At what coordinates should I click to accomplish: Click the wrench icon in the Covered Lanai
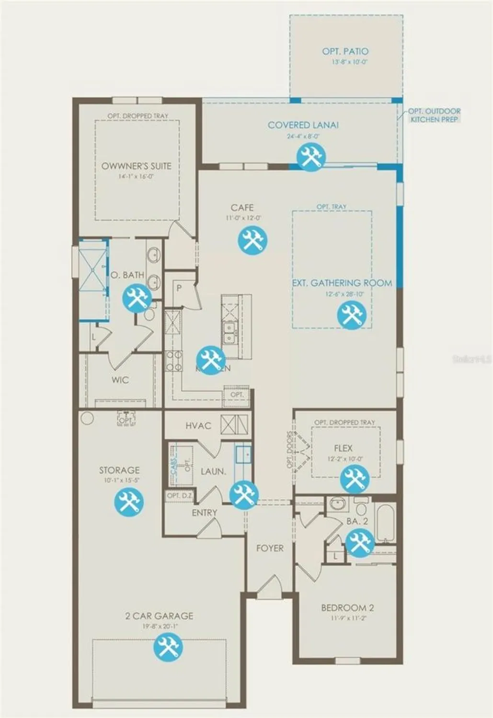311,157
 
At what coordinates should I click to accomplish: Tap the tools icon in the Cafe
252,240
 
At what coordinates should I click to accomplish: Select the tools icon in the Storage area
128,502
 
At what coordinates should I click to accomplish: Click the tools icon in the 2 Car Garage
168,646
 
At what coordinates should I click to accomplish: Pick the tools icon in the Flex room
355,479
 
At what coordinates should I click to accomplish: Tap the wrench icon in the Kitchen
210,359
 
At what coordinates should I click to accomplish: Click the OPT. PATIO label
345,51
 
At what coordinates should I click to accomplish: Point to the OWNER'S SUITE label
136,166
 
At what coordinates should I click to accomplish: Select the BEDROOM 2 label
347,608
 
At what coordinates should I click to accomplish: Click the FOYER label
270,548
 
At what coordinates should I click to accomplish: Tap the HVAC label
198,426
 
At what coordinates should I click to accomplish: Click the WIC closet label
120,380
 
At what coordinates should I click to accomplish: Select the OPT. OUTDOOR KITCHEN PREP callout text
434,115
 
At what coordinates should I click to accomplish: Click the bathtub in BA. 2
386,522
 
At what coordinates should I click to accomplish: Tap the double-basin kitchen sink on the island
229,332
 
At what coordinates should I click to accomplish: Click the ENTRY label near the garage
205,513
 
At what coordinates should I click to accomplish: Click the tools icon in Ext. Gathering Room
352,315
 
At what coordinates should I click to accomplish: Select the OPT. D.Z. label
180,496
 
